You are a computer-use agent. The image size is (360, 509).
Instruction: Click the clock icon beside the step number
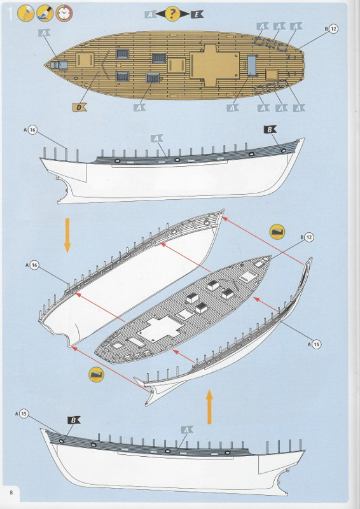(x=64, y=13)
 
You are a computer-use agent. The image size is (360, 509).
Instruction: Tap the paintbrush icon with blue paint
(x=45, y=13)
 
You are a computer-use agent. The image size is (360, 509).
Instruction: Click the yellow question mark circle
(x=172, y=13)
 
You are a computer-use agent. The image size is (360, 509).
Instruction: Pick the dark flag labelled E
(x=197, y=14)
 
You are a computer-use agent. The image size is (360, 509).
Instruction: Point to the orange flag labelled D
(x=80, y=107)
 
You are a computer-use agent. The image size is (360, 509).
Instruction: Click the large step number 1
(x=10, y=13)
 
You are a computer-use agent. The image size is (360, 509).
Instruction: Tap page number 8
(x=11, y=492)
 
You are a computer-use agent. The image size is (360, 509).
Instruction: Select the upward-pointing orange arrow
(x=209, y=407)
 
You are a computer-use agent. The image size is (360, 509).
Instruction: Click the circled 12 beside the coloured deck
(x=333, y=29)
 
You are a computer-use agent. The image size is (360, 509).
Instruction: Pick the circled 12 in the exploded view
(x=309, y=237)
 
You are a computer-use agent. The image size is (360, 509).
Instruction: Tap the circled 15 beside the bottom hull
(x=24, y=414)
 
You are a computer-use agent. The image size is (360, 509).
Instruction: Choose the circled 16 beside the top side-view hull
(x=32, y=130)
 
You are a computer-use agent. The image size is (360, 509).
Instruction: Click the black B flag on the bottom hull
(x=74, y=420)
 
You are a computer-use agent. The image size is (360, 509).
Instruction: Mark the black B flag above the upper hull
(x=270, y=129)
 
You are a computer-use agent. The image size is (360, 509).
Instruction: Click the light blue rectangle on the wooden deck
(x=252, y=66)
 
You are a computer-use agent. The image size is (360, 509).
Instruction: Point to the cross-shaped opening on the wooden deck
(x=214, y=66)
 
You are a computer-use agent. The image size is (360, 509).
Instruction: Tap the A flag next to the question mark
(x=150, y=14)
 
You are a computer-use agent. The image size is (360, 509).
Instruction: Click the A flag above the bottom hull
(x=187, y=430)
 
